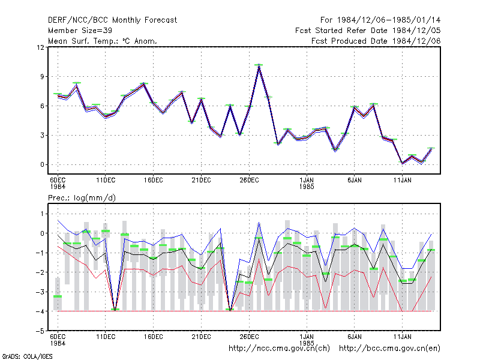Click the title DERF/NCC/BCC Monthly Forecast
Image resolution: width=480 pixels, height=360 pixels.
point(112,20)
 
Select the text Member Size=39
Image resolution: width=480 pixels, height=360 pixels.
point(80,31)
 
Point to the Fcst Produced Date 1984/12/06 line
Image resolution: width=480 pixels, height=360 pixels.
point(376,41)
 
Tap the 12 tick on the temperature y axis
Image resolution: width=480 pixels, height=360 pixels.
point(40,47)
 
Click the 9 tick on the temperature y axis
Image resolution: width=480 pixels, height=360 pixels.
point(42,77)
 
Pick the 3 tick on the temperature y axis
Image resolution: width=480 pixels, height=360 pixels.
point(42,136)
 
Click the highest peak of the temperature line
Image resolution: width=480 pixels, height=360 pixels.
point(259,65)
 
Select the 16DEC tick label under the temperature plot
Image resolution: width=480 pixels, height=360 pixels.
point(154,181)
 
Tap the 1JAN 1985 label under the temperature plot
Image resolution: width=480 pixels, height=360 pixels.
point(307,184)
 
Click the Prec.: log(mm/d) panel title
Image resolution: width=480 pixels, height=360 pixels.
point(82,198)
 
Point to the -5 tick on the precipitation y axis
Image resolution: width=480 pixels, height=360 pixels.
point(40,331)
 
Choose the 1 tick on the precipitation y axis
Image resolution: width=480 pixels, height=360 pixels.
point(42,214)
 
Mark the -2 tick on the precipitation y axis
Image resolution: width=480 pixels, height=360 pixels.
point(40,272)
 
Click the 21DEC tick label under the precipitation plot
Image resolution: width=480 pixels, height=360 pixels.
point(201,337)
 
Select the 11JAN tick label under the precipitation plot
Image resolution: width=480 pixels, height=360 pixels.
point(402,337)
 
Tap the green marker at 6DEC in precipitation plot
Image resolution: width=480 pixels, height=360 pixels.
point(58,296)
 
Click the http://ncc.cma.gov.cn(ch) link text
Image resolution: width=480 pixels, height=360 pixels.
point(280,349)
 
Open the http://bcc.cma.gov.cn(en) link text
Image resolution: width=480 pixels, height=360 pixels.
point(389,349)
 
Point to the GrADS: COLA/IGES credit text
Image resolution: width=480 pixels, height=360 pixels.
point(27,356)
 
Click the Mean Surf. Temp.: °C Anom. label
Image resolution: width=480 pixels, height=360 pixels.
point(103,41)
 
